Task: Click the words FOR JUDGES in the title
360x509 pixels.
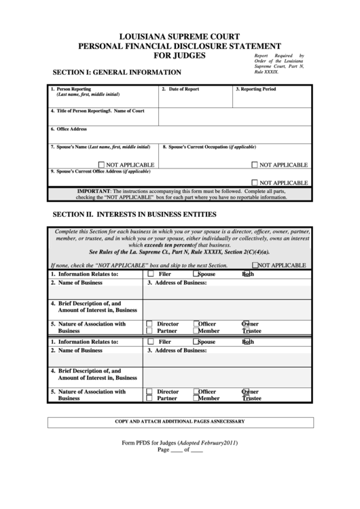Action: [180, 56]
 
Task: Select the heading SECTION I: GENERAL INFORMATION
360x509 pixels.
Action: [117, 72]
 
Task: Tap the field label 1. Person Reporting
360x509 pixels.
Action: [73, 89]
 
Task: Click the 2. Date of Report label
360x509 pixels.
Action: [180, 89]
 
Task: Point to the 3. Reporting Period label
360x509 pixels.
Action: [256, 89]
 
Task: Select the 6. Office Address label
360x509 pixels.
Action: [69, 128]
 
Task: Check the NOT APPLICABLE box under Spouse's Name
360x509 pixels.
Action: [101, 164]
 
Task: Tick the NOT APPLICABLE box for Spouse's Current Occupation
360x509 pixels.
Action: [255, 164]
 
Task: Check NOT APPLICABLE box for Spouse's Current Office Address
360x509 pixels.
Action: [255, 182]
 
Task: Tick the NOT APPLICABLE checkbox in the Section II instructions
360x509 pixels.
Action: [255, 266]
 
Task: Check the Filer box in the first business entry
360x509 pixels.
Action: [149, 274]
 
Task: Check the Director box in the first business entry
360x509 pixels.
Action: [149, 324]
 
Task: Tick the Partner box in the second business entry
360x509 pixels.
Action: [149, 399]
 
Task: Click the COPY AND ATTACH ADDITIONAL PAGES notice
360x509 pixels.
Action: [180, 422]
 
